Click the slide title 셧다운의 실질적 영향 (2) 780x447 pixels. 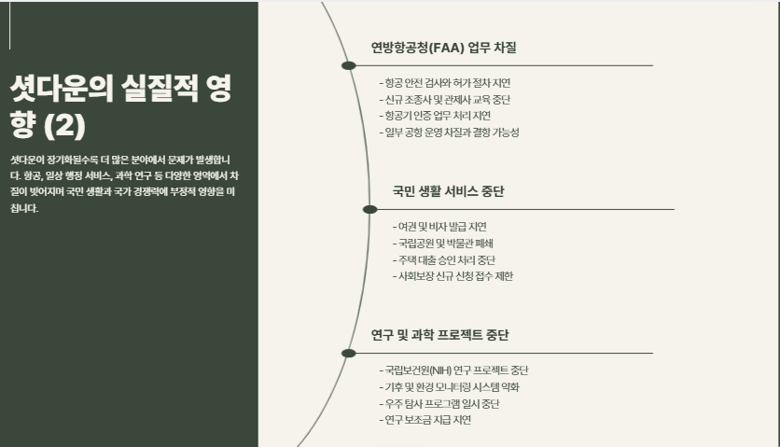(x=120, y=106)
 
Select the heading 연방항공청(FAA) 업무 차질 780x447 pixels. (x=443, y=48)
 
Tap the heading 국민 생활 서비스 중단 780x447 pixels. (x=449, y=191)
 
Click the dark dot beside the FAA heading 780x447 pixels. (x=349, y=65)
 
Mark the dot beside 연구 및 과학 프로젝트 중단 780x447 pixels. (x=349, y=353)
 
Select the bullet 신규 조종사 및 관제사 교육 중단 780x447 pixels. (x=445, y=99)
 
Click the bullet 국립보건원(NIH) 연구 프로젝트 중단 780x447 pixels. (x=456, y=370)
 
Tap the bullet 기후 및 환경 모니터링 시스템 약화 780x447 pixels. (x=452, y=386)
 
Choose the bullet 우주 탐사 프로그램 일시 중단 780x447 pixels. (x=439, y=403)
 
